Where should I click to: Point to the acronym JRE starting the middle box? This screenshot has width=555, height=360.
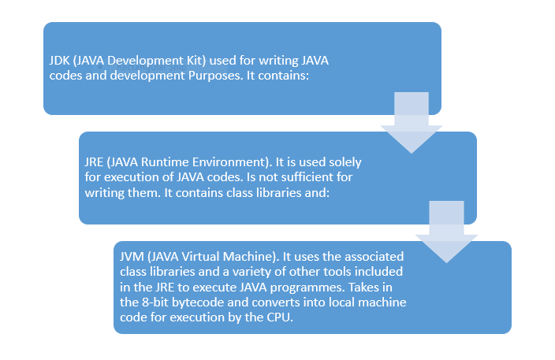95,161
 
